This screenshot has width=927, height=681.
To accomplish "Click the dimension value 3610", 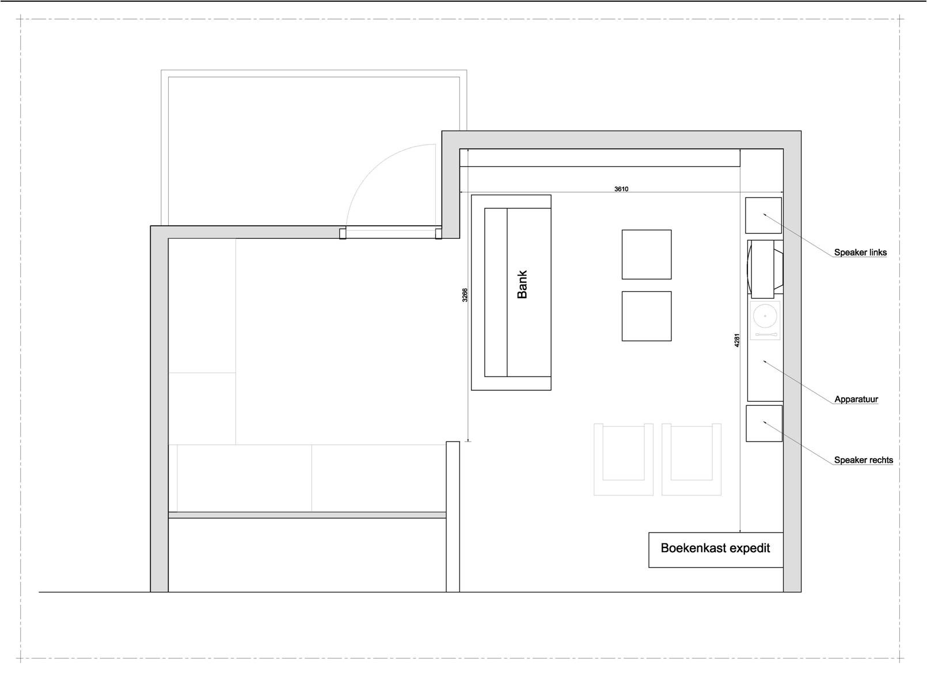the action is click(621, 189).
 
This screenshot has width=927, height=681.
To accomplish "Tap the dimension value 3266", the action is click(465, 295).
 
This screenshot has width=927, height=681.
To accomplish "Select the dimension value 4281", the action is click(736, 340).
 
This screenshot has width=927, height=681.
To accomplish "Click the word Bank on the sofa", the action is click(522, 284).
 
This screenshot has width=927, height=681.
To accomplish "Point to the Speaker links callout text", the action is click(860, 252).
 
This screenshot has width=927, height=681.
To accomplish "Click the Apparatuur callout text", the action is click(856, 400).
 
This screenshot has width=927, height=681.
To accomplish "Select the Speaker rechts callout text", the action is click(863, 460).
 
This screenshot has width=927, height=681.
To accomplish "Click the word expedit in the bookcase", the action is click(750, 549).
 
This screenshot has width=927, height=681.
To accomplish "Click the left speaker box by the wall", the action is click(763, 215).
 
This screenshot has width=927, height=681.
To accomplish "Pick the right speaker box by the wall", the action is click(764, 424).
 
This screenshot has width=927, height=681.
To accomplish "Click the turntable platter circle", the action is click(765, 316).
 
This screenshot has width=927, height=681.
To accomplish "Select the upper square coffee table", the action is click(647, 254).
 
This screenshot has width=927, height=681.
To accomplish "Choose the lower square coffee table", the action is click(647, 316).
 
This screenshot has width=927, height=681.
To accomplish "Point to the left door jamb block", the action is click(343, 234).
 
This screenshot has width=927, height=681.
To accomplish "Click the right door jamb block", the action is click(439, 234).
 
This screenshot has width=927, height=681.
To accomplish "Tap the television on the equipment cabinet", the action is click(765, 269).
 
